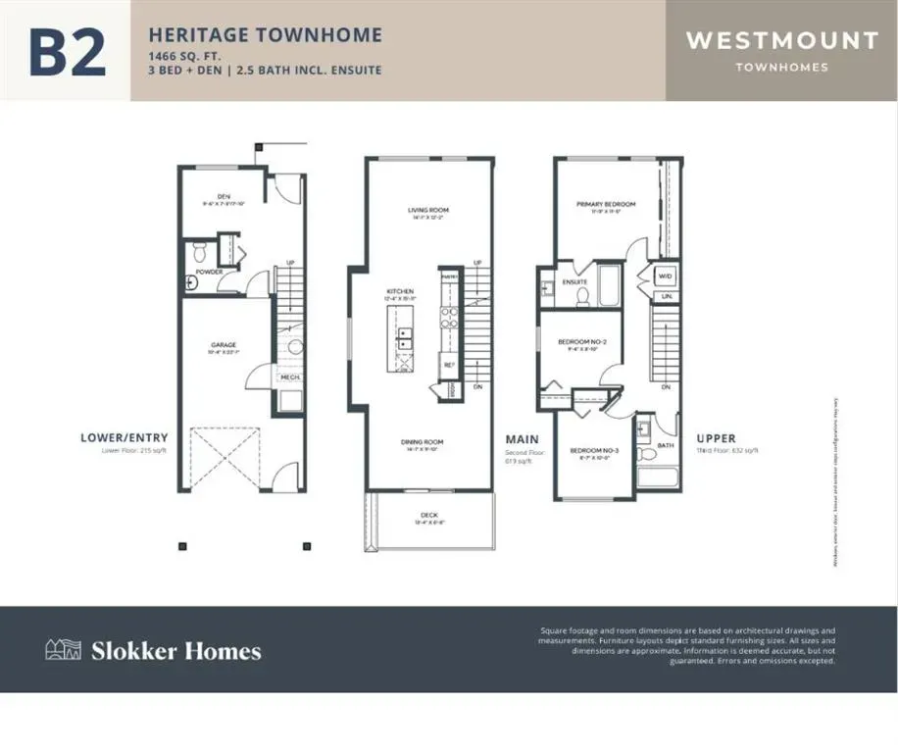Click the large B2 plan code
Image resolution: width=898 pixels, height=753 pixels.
pyautogui.click(x=67, y=52)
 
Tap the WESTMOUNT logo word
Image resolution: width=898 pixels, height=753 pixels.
pyautogui.click(x=781, y=41)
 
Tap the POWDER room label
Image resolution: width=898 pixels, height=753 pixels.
pyautogui.click(x=209, y=272)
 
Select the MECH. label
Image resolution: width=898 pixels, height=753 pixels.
pyautogui.click(x=290, y=377)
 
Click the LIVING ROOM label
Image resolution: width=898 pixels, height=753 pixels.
pyautogui.click(x=428, y=210)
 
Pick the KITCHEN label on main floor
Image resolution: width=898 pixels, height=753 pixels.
pyautogui.click(x=399, y=291)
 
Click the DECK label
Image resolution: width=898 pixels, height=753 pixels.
pyautogui.click(x=429, y=515)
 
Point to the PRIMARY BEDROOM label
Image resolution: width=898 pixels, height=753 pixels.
pyautogui.click(x=606, y=204)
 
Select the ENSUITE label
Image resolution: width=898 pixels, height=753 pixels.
pyautogui.click(x=574, y=282)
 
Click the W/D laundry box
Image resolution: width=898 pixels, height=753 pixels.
pyautogui.click(x=665, y=276)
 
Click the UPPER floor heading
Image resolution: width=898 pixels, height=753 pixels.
pyautogui.click(x=717, y=438)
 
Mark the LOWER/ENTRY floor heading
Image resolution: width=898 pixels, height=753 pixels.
pyautogui.click(x=124, y=437)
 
